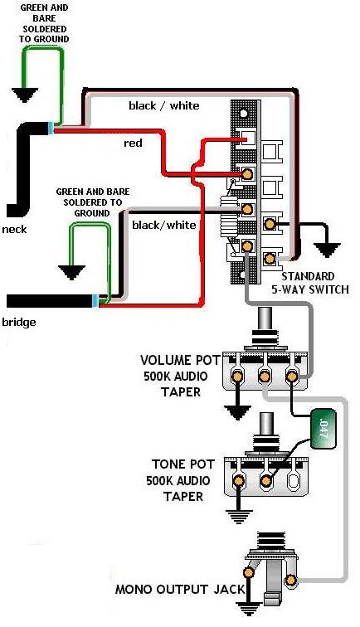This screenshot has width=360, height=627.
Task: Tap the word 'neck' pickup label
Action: pyautogui.click(x=14, y=230)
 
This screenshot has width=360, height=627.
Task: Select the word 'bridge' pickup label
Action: pyautogui.click(x=19, y=323)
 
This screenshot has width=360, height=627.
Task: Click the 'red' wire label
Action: pyautogui.click(x=133, y=143)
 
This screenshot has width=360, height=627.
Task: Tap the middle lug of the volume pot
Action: pyautogui.click(x=265, y=376)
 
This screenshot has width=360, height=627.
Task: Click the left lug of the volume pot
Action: pyautogui.click(x=238, y=376)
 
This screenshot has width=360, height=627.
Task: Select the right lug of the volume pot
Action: pyautogui.click(x=292, y=376)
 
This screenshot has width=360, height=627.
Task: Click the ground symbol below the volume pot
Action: pyautogui.click(x=237, y=412)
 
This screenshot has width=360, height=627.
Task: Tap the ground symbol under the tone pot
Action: pyautogui.click(x=239, y=517)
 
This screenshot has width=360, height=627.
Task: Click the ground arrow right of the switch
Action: pyautogui.click(x=327, y=250)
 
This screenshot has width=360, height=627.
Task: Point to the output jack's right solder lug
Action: pyautogui.click(x=291, y=580)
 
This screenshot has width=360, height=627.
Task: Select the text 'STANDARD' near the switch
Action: pyautogui.click(x=308, y=276)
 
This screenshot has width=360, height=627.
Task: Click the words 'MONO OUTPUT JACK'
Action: pyautogui.click(x=180, y=590)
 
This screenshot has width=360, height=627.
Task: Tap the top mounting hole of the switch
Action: pyautogui.click(x=243, y=113)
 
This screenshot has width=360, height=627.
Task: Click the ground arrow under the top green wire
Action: pyautogui.click(x=25, y=95)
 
